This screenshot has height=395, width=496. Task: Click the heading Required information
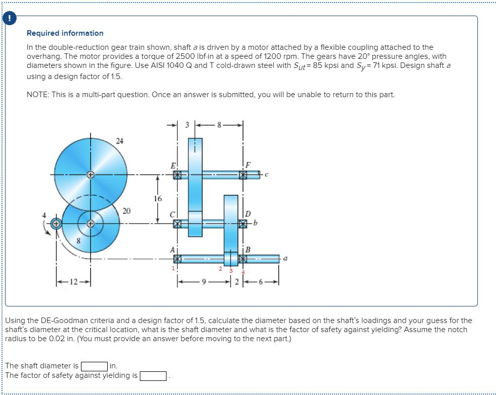tap(65, 33)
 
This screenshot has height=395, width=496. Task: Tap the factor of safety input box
tap(153, 375)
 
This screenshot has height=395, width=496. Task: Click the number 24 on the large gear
tap(119, 140)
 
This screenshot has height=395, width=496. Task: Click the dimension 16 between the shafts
tap(158, 198)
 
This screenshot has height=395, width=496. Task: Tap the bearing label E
tap(173, 165)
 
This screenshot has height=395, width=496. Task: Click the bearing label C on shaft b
tap(173, 214)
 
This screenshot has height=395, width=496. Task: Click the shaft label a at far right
tap(286, 259)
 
